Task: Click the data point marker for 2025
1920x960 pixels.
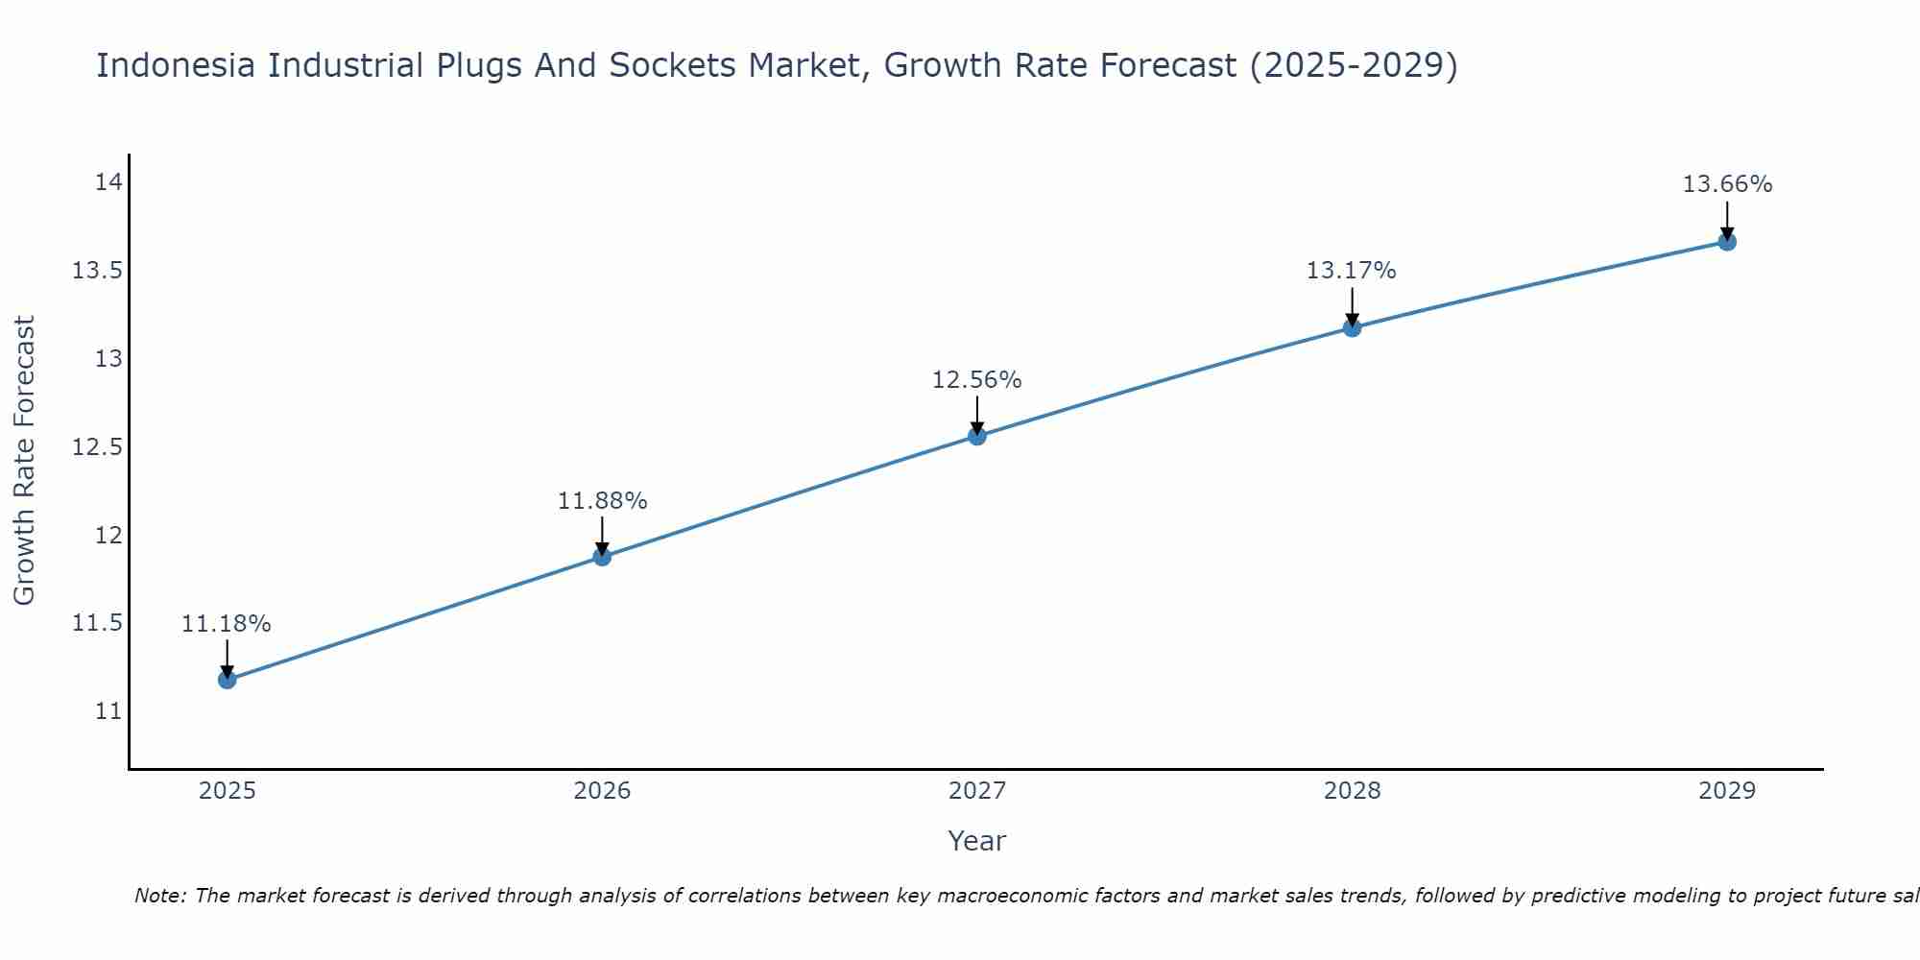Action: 227,680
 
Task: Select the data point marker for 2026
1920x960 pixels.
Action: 602,557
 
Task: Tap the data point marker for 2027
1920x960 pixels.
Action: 977,436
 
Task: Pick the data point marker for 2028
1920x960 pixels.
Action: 1352,327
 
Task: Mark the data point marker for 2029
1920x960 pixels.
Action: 1727,242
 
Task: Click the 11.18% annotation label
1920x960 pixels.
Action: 227,624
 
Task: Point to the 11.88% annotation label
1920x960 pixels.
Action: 602,501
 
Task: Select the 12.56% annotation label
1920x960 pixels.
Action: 977,380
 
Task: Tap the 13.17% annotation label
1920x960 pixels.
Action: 1352,271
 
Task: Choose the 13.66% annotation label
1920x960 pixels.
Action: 1727,184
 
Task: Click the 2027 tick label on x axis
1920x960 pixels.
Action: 977,791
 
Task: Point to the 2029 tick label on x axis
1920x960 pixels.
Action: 1727,791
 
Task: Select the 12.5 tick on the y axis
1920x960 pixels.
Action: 98,447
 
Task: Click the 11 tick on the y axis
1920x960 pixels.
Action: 108,711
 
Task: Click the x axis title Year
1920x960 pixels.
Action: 977,841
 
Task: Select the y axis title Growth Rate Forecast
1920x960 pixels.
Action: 25,461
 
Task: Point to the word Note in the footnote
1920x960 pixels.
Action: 159,896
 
